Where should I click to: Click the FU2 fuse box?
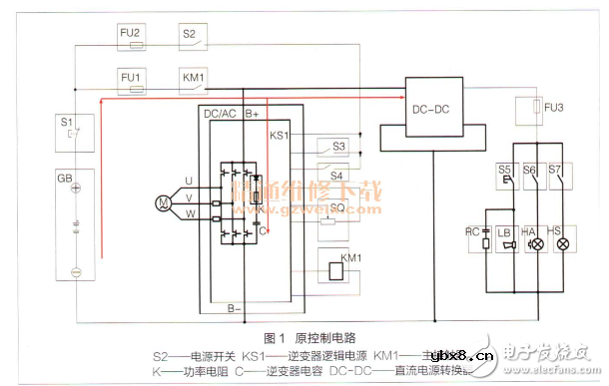pos(131,37)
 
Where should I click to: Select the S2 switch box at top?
pos(195,37)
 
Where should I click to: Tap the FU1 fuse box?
pos(131,78)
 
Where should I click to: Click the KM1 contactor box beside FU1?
pos(195,78)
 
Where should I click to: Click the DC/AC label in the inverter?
pos(220,115)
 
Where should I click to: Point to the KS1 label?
pos(280,135)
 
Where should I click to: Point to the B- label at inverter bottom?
pos(233,308)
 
